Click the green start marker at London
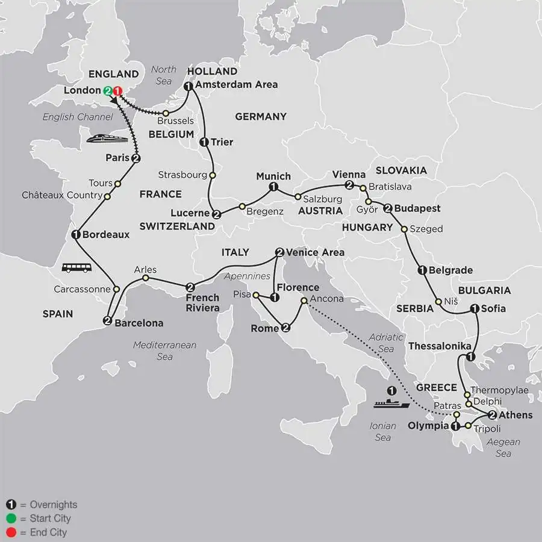click(108, 91)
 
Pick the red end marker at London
click(117, 91)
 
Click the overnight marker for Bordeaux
click(76, 235)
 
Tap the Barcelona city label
click(140, 323)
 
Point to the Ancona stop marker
click(304, 301)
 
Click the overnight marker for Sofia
click(475, 309)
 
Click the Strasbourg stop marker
click(212, 175)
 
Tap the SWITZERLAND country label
click(177, 226)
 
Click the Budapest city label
click(418, 208)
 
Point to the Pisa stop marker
click(255, 296)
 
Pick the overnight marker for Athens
click(492, 415)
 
